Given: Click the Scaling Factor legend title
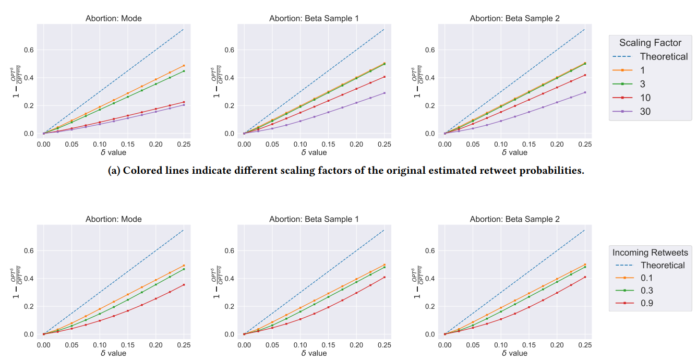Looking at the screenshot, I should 650,43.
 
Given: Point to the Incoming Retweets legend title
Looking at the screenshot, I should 650,253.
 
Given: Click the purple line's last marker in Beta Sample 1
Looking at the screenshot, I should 384,93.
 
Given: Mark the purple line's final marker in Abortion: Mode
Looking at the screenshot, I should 184,105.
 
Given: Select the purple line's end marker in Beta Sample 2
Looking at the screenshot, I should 585,92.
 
